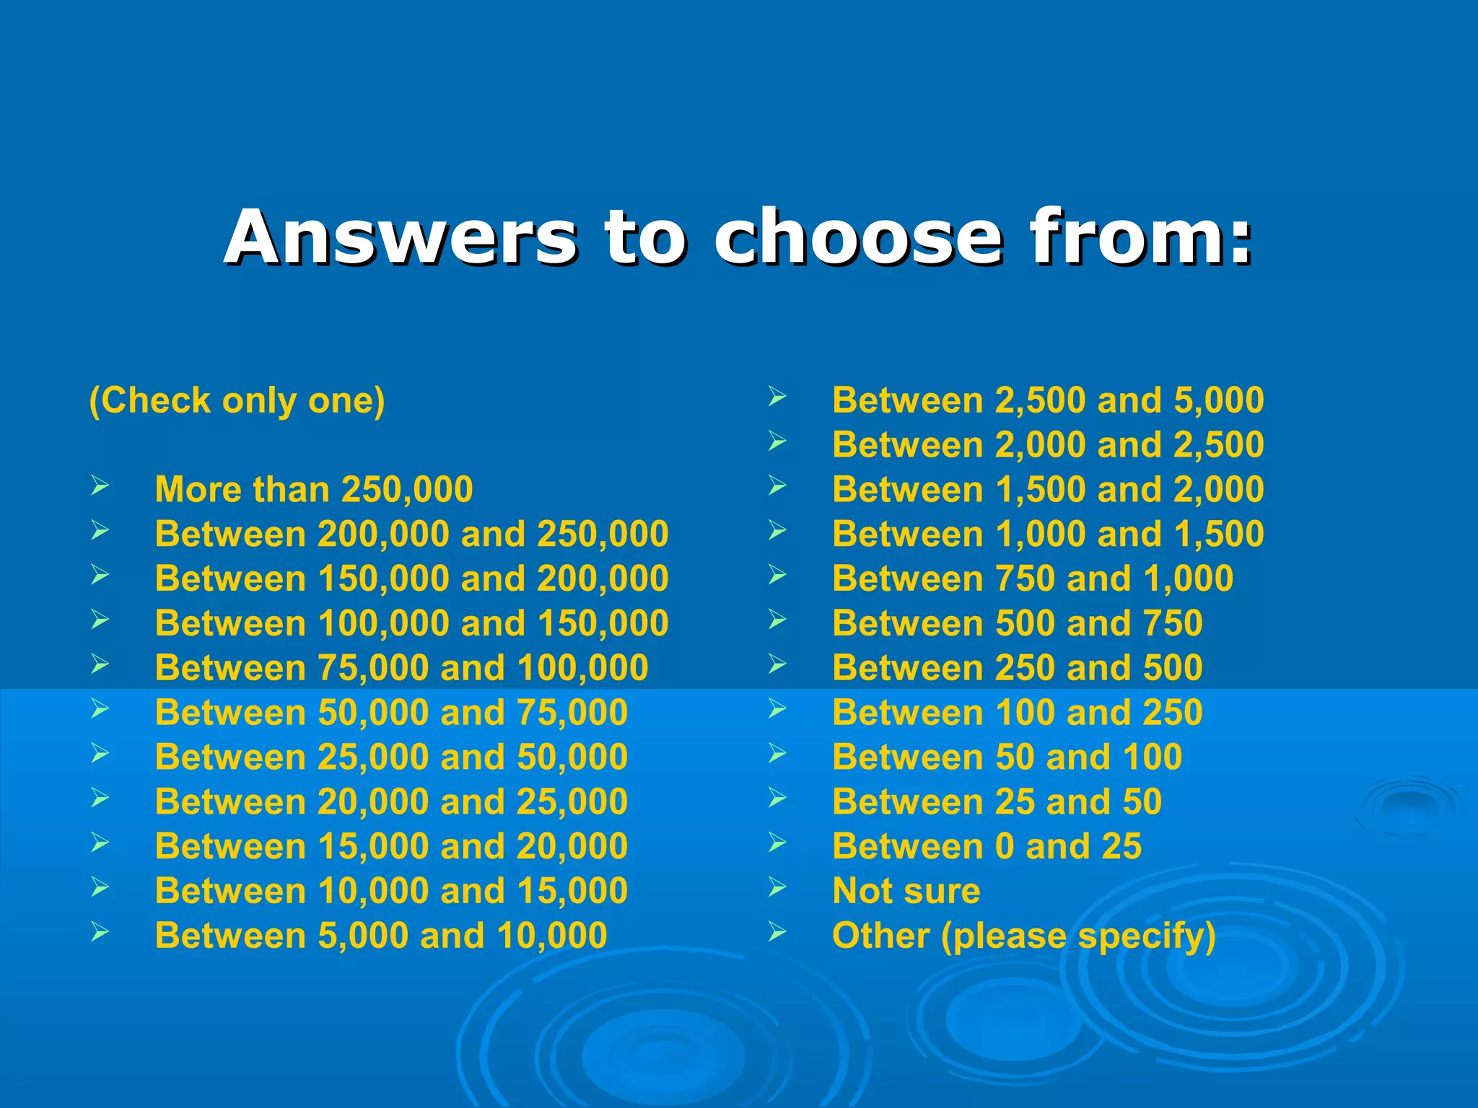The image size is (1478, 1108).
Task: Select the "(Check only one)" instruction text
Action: pyautogui.click(x=237, y=400)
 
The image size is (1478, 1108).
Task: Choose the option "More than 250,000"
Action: pyautogui.click(x=314, y=489)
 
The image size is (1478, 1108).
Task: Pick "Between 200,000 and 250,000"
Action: pyautogui.click(x=411, y=534)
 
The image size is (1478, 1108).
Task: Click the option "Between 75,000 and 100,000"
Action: pyautogui.click(x=401, y=668)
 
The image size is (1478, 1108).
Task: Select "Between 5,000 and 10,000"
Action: pyautogui.click(x=381, y=936)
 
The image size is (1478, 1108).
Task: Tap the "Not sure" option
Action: pyautogui.click(x=906, y=891)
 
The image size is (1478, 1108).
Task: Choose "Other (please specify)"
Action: pyautogui.click(x=1024, y=936)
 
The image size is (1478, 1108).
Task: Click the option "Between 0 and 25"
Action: pyautogui.click(x=987, y=846)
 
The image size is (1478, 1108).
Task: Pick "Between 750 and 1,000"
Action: pyautogui.click(x=1033, y=579)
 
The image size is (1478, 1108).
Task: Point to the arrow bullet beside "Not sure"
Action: pyautogui.click(x=777, y=887)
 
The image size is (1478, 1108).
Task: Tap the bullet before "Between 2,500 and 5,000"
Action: pyautogui.click(x=777, y=397)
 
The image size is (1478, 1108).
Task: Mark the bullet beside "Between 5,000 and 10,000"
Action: pyautogui.click(x=100, y=932)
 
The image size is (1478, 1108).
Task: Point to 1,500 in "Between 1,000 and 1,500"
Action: pyautogui.click(x=1219, y=534)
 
